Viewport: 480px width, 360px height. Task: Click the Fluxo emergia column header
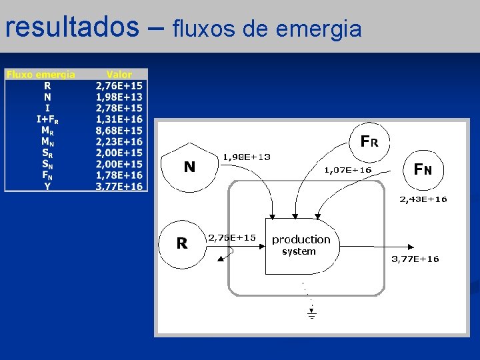[41, 75]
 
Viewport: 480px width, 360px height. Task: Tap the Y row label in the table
[47, 187]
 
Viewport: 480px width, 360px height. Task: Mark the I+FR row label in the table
[47, 119]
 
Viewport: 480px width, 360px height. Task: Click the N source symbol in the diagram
[190, 166]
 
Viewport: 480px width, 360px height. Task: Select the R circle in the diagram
[182, 243]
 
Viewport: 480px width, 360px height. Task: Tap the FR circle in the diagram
[369, 142]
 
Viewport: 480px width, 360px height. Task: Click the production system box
[301, 245]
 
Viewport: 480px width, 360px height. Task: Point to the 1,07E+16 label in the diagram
[347, 170]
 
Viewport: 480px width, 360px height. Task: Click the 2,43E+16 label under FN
[423, 199]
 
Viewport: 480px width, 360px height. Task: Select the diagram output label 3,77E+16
[415, 259]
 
